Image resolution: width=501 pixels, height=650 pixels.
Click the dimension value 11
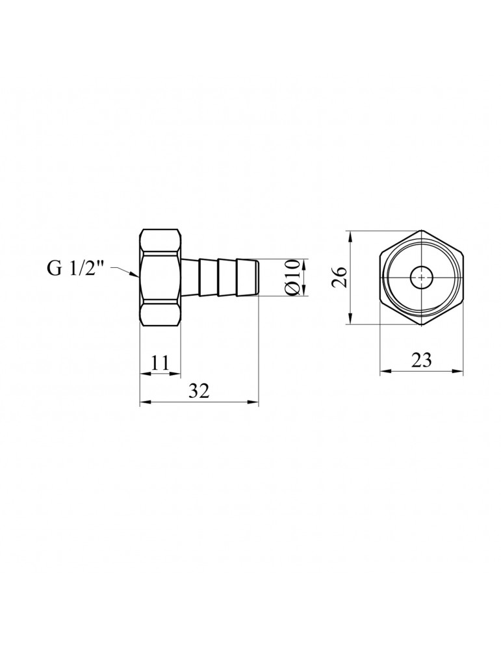tap(160, 362)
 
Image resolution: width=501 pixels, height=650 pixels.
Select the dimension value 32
tap(199, 391)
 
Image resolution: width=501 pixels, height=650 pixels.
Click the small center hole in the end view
tap(421, 278)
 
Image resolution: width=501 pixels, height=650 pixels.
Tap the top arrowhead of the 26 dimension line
tap(351, 234)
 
